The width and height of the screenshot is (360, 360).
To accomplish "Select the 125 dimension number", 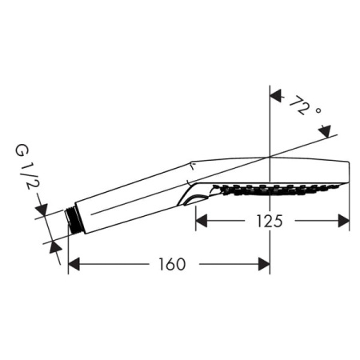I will tap(272, 222).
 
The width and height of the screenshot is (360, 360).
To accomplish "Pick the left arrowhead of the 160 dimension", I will tap(74, 264).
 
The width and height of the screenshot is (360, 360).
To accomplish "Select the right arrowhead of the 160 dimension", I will tap(263, 264).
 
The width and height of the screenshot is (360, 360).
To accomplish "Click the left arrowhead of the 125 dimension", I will tap(202, 222).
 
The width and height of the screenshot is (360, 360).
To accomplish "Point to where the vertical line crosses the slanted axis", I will tap(270, 155).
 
